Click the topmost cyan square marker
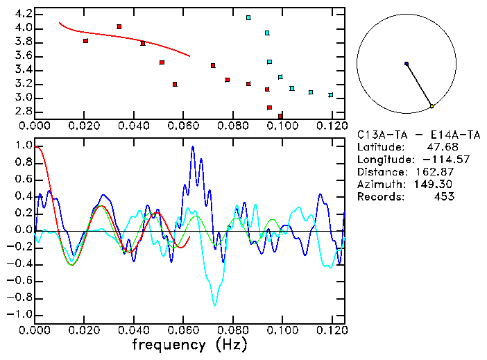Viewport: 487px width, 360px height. coord(248,17)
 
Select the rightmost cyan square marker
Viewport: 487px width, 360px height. coord(331,95)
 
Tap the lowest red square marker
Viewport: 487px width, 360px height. coord(280,116)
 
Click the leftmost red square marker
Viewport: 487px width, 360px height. coord(85,41)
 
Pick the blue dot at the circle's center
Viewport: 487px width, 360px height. coord(407,64)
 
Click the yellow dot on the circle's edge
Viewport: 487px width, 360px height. coord(432,106)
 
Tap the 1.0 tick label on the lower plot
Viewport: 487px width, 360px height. coord(23,146)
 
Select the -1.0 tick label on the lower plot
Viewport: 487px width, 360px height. coord(21,314)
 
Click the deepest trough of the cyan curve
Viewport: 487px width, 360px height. coord(215,305)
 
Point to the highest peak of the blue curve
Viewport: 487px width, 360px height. coord(193,146)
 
